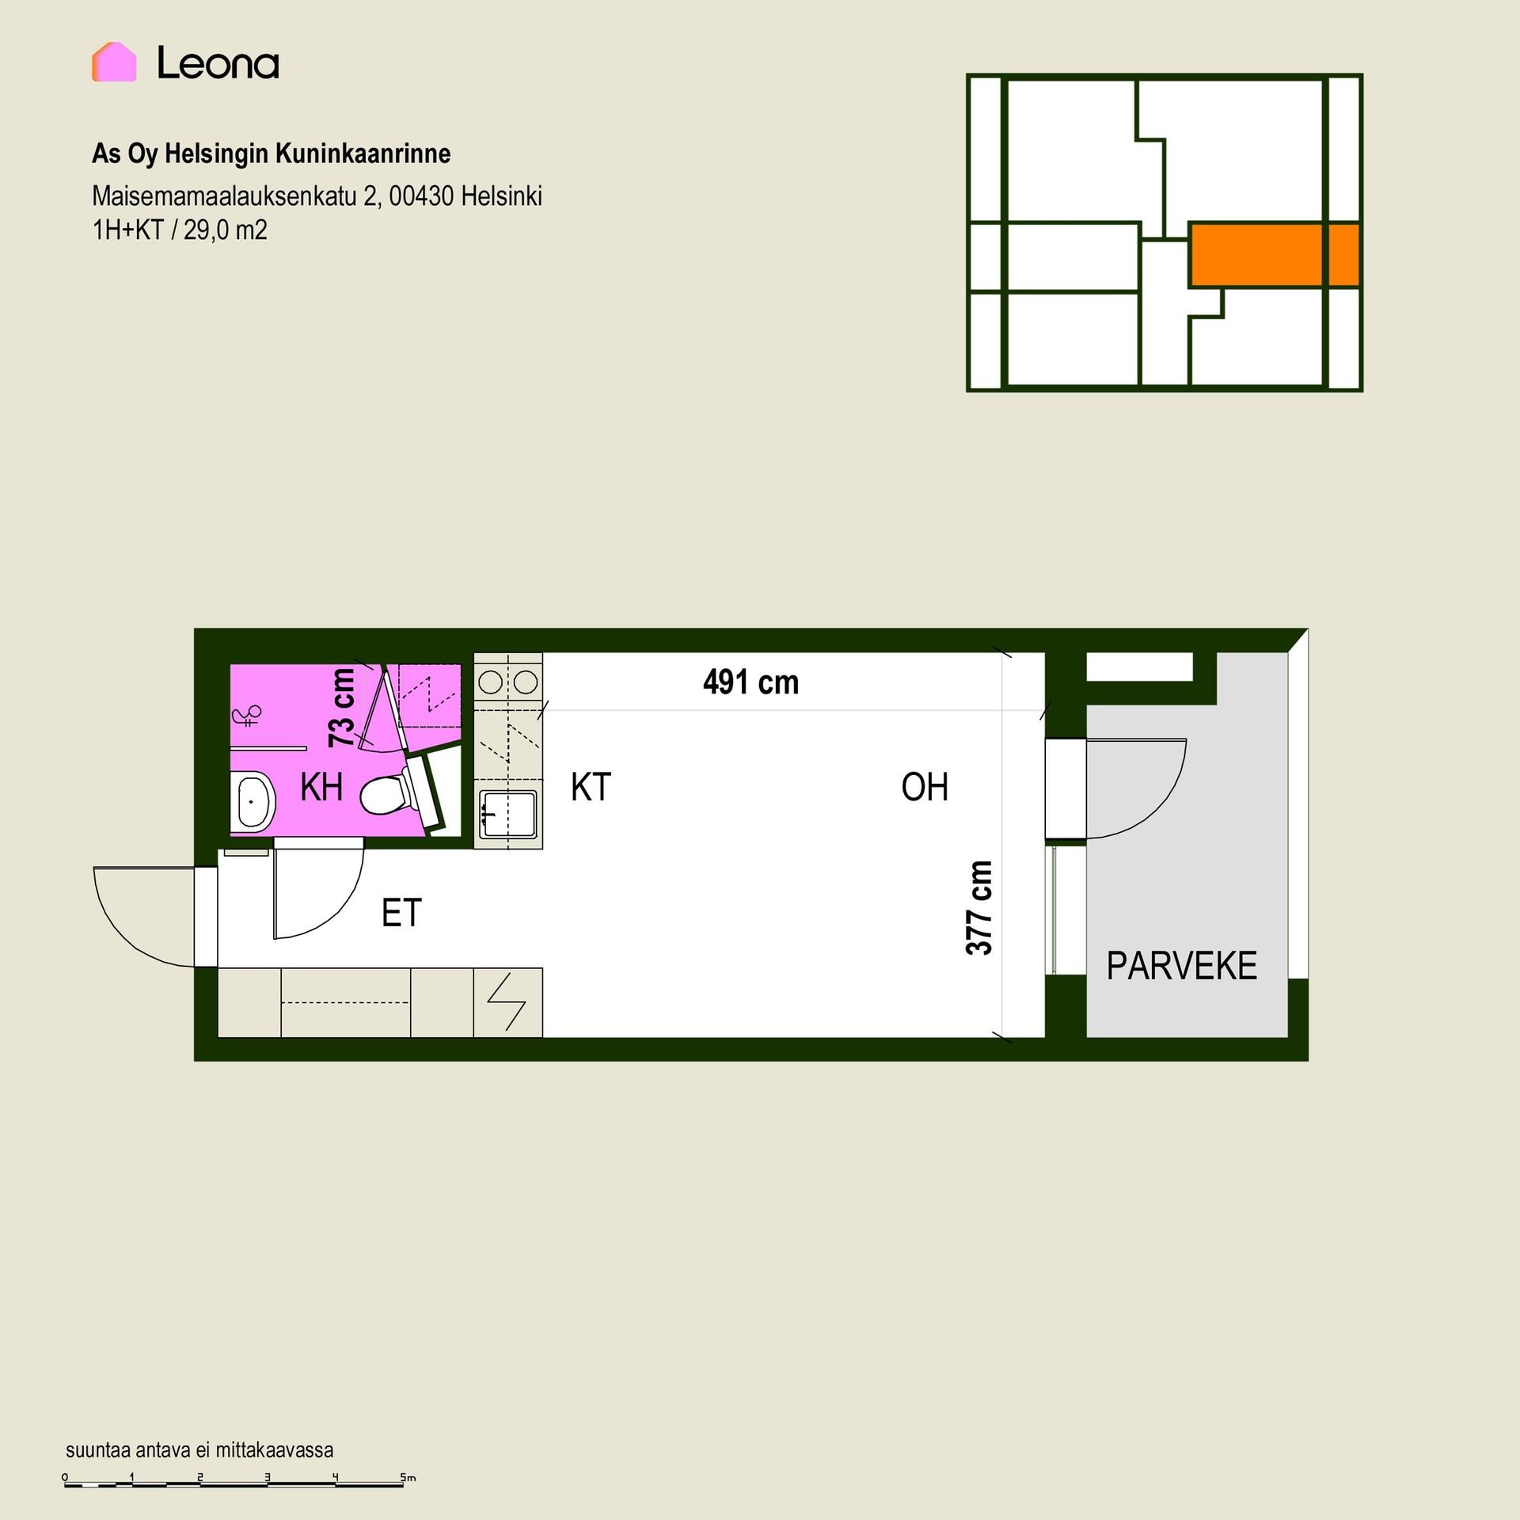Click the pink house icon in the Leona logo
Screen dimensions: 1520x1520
[x=114, y=62]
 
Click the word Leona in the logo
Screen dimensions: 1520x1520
[x=218, y=63]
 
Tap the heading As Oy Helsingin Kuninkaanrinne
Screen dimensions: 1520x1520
[x=272, y=154]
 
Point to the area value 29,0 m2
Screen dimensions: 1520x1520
[x=226, y=230]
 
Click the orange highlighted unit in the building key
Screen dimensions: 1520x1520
[x=1274, y=254]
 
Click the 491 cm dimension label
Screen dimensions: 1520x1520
[x=750, y=682]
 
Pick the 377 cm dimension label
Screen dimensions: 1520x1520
[x=979, y=907]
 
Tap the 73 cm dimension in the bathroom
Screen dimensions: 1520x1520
[x=342, y=707]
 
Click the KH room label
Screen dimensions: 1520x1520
[x=321, y=787]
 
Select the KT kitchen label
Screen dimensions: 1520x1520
[x=591, y=787]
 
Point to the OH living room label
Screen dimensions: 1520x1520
[x=925, y=787]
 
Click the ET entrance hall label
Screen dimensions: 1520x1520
[x=401, y=913]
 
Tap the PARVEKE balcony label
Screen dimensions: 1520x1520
[x=1181, y=966]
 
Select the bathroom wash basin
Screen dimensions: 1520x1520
[x=253, y=801]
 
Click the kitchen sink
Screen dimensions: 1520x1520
[x=507, y=815]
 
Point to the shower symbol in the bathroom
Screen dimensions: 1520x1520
[x=246, y=716]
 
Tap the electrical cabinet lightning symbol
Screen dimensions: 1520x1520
[x=507, y=1001]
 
